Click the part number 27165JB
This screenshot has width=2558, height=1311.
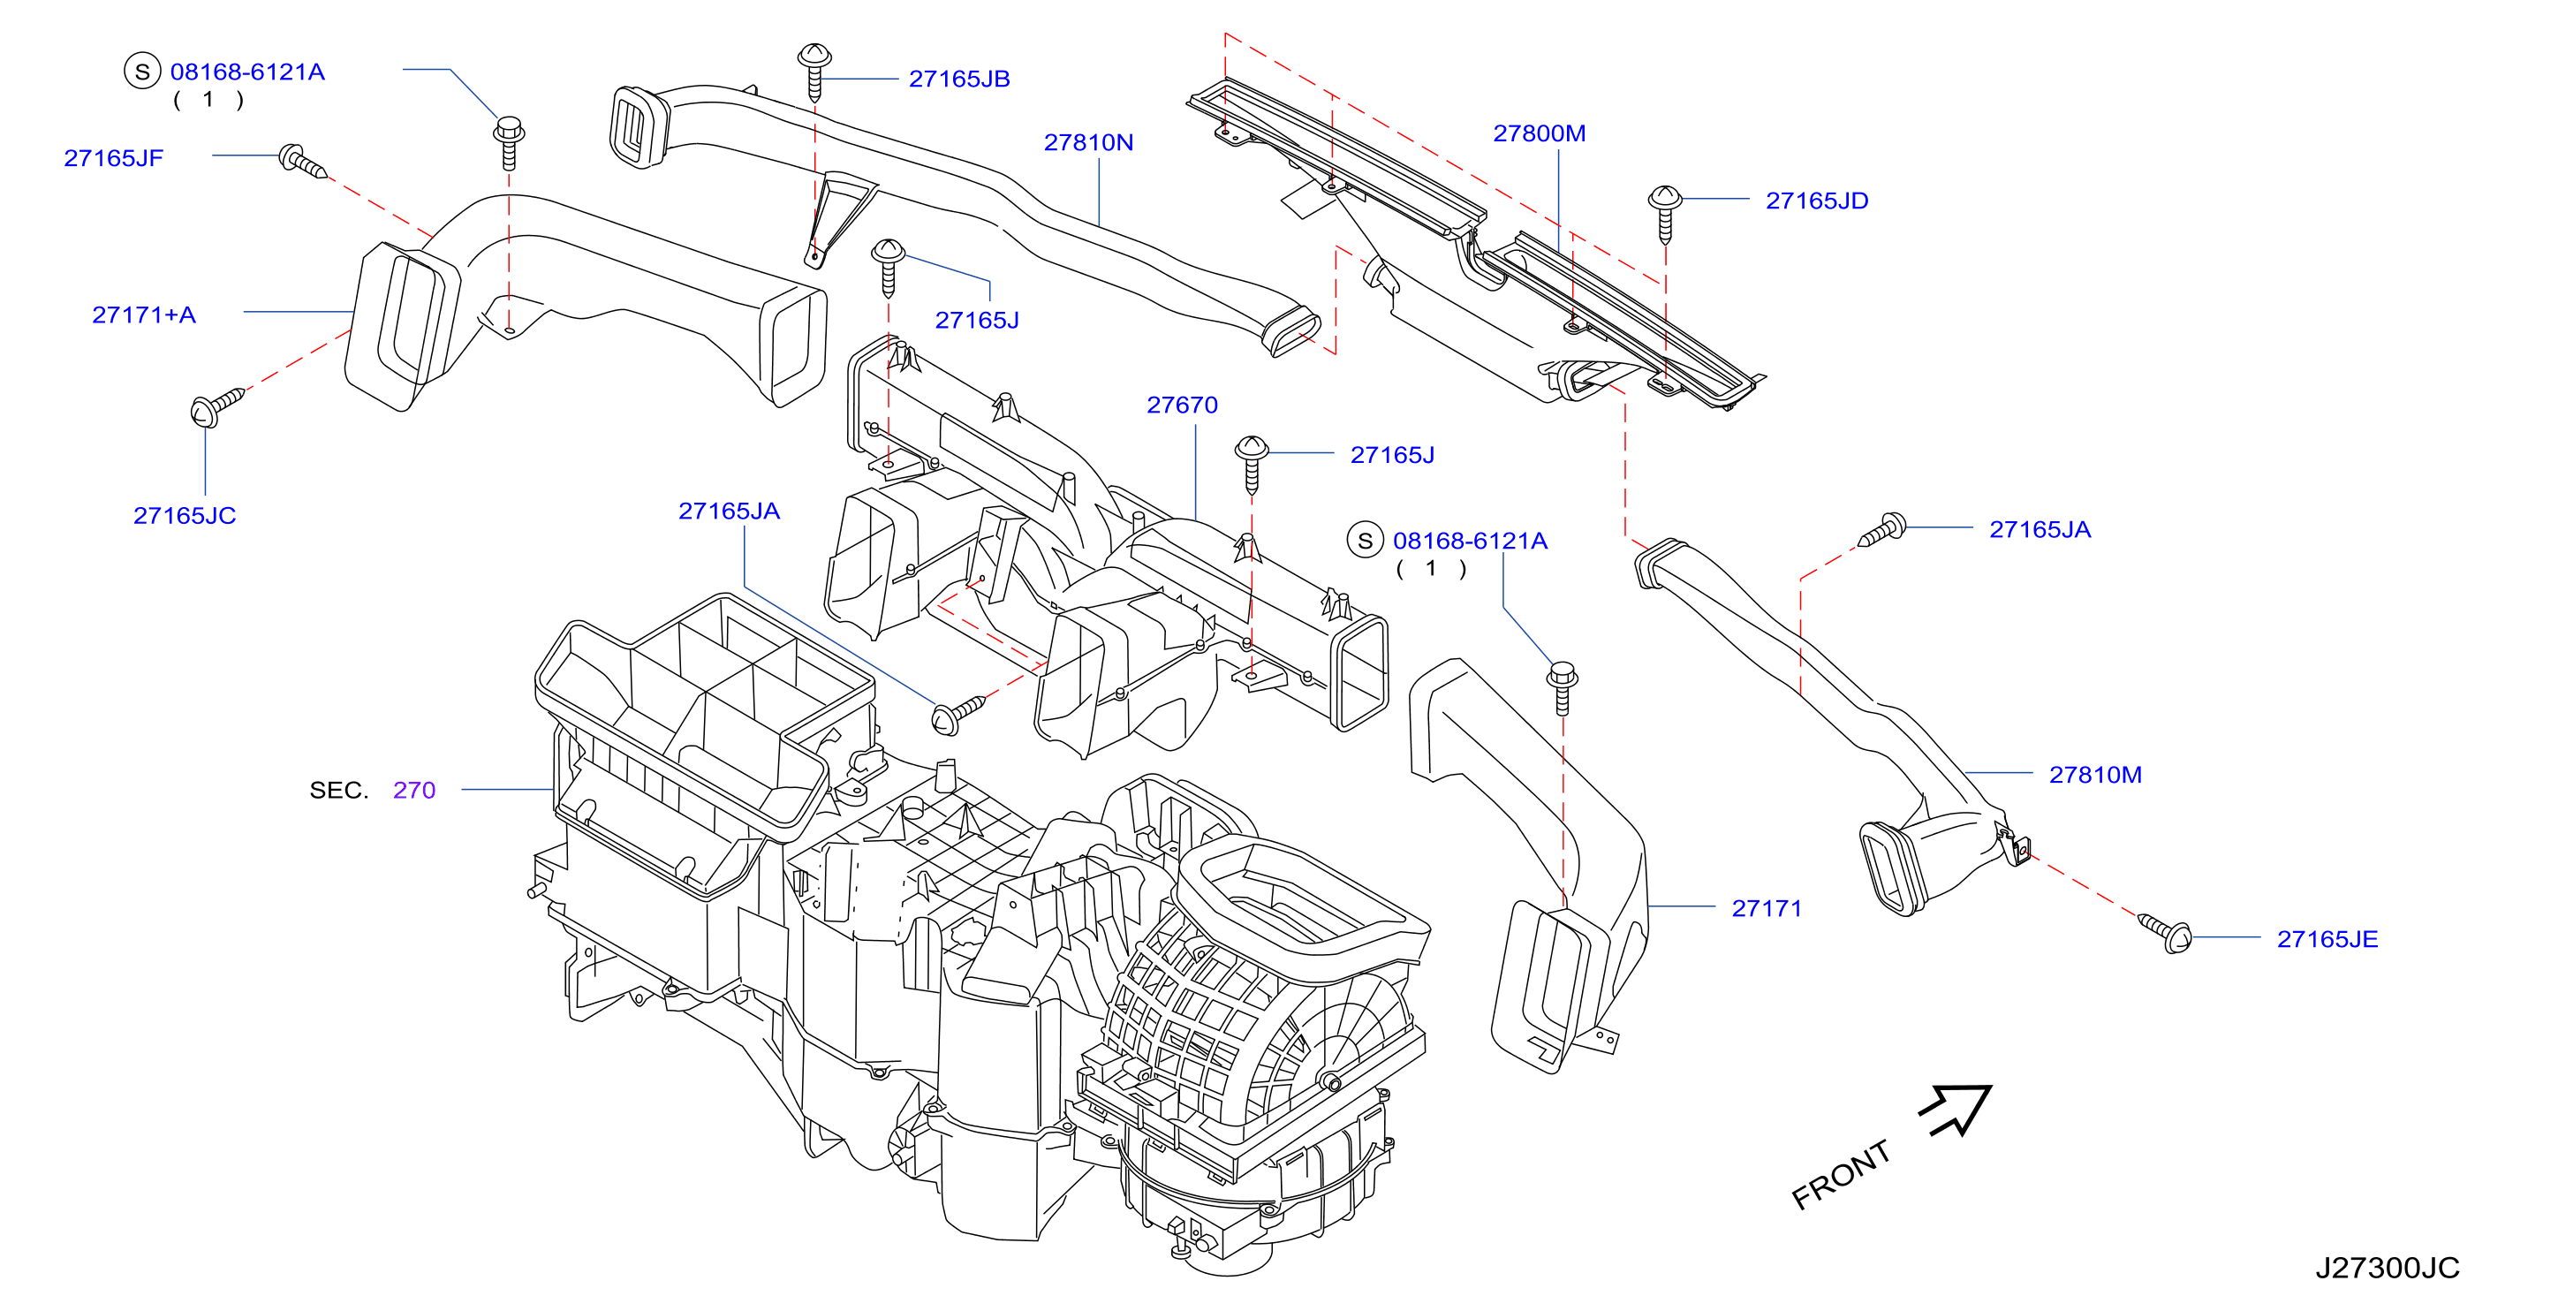coord(959,79)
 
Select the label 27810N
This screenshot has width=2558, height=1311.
coord(1088,142)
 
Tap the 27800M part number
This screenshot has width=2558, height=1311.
coord(1540,133)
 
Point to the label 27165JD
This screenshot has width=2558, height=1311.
coord(1817,201)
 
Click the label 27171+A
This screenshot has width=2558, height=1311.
coord(144,314)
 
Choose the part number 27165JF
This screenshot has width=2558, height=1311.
coord(113,158)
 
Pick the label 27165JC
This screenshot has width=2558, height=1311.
coord(185,515)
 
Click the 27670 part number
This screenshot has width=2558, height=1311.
coord(1182,405)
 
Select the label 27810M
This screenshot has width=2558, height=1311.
coord(2095,775)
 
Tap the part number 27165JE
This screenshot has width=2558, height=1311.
coord(2327,940)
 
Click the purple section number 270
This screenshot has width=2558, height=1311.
coord(414,791)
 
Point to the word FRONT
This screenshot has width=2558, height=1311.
coord(1841,1175)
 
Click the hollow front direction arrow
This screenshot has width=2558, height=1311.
coord(1958,1109)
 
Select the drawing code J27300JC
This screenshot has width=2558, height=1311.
coord(2388,1269)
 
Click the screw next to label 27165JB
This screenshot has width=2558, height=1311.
coord(814,72)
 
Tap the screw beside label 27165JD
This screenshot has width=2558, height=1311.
coord(1665,214)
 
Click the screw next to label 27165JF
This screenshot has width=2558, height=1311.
coord(302,162)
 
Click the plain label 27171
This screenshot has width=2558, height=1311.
coord(1767,909)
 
